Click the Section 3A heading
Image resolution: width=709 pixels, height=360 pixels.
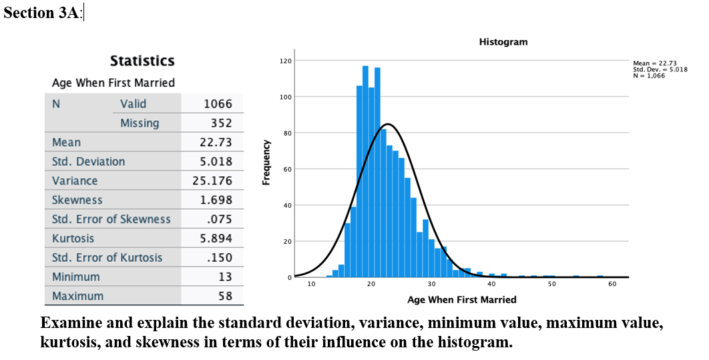tap(42, 13)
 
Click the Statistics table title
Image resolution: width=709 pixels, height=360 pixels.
tap(142, 61)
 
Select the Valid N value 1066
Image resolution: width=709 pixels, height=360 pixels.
tap(218, 104)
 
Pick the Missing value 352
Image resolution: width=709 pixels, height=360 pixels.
tap(221, 123)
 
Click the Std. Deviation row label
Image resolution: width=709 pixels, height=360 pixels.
tap(88, 162)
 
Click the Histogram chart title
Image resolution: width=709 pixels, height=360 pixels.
tap(503, 42)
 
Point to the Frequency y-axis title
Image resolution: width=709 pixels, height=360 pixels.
tap(266, 162)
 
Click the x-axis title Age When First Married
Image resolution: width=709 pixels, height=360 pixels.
tap(461, 299)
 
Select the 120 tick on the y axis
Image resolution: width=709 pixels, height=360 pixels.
tap(285, 61)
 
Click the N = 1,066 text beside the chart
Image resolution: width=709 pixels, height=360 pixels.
tap(648, 75)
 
